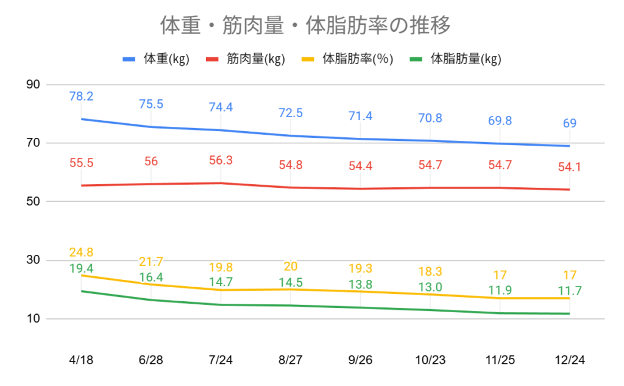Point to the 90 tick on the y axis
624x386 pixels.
point(33,85)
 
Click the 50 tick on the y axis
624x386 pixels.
point(33,202)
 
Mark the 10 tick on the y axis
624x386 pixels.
point(33,319)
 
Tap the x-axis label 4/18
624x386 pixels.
point(81,360)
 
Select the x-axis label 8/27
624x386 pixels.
point(291,360)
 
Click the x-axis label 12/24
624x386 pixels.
point(570,360)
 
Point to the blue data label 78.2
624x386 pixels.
point(81,96)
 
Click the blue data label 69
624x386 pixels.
point(570,123)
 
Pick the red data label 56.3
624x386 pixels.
point(221,160)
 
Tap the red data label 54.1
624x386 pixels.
point(570,166)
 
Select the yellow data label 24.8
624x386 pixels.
point(81,252)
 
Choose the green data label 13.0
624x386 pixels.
point(430,287)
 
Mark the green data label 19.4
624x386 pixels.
point(81,268)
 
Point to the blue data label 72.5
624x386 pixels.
point(291,113)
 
